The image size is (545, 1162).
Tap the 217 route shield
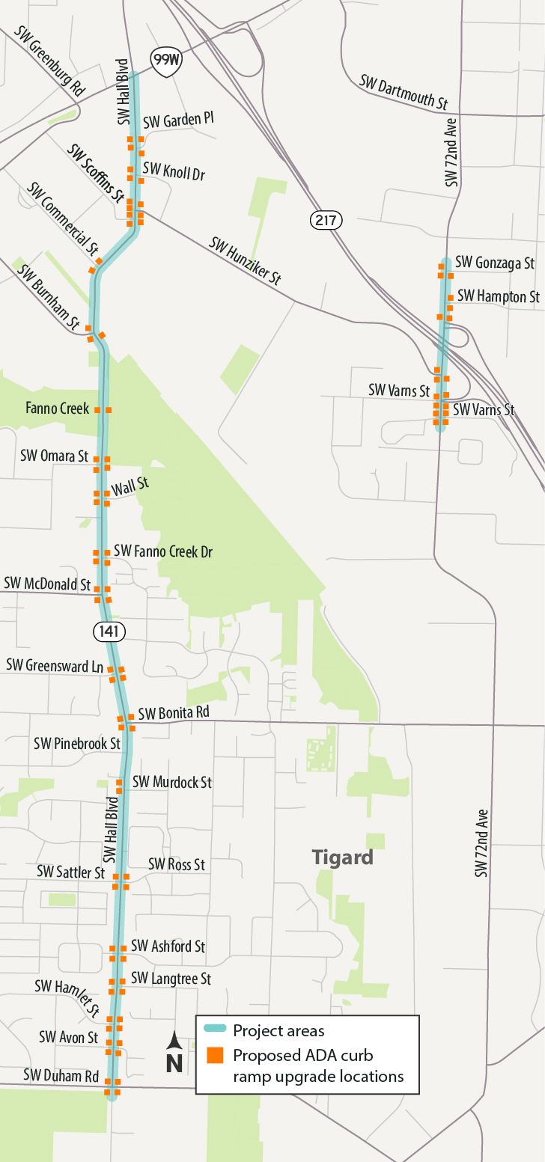[326, 220]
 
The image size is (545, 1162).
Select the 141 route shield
[109, 632]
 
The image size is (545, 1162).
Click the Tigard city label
[342, 857]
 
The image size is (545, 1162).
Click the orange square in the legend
[215, 1056]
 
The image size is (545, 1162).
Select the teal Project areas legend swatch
[215, 1030]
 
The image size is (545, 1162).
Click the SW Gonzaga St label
[495, 263]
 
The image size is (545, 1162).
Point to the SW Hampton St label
[498, 296]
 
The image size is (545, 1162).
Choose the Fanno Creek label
[57, 409]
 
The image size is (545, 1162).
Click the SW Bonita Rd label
[173, 713]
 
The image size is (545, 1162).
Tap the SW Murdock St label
[171, 782]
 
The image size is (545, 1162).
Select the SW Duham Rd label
[61, 1076]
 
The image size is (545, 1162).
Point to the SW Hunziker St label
[245, 261]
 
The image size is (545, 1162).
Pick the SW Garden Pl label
[178, 121]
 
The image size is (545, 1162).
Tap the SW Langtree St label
[171, 979]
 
